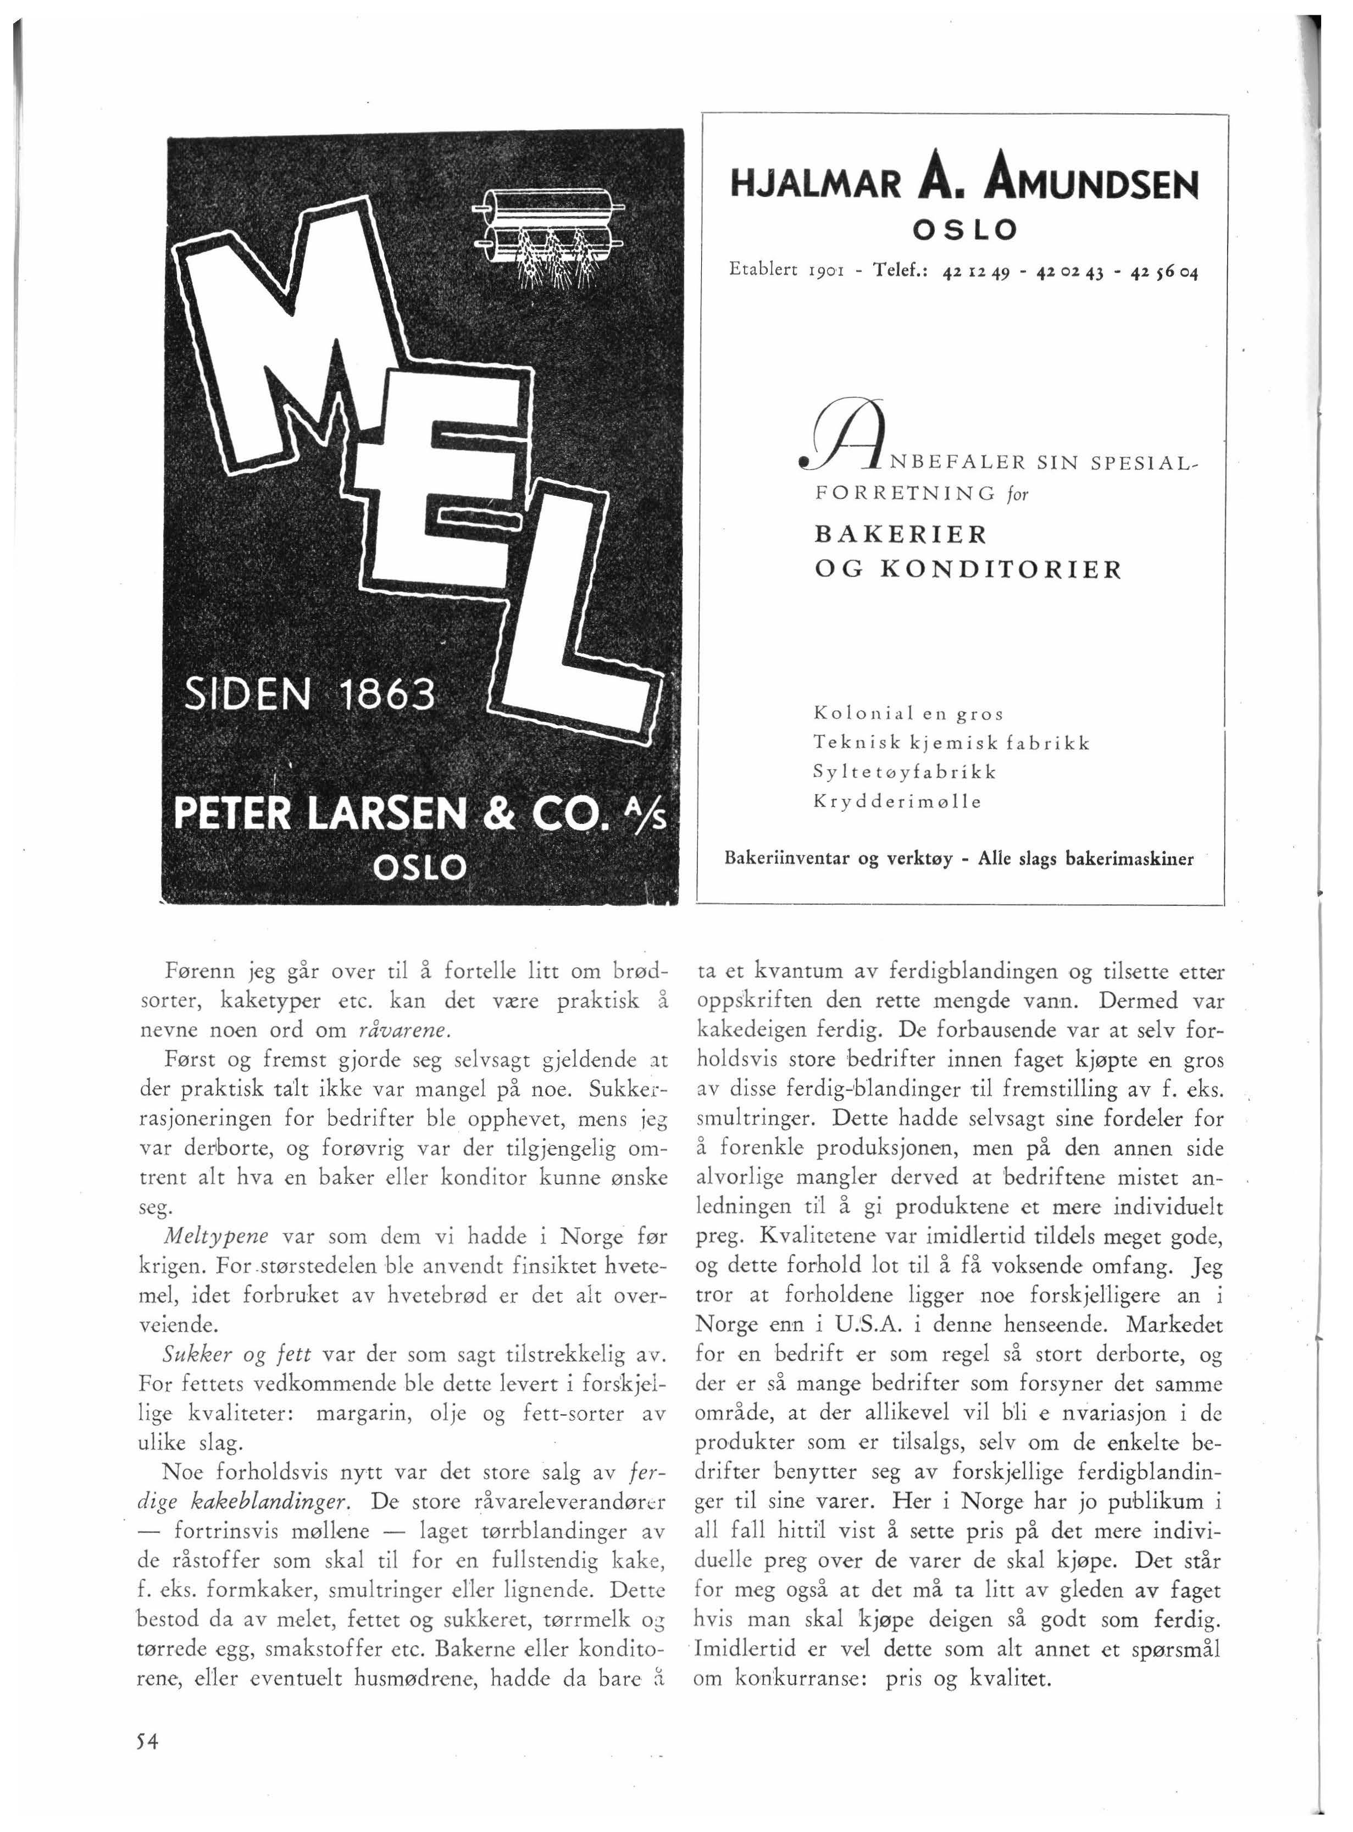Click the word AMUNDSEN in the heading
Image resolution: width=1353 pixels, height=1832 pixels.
pos(1092,184)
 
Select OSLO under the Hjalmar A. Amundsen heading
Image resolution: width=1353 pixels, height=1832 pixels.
pos(964,230)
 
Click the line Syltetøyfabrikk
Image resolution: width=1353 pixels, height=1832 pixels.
pos(904,772)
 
